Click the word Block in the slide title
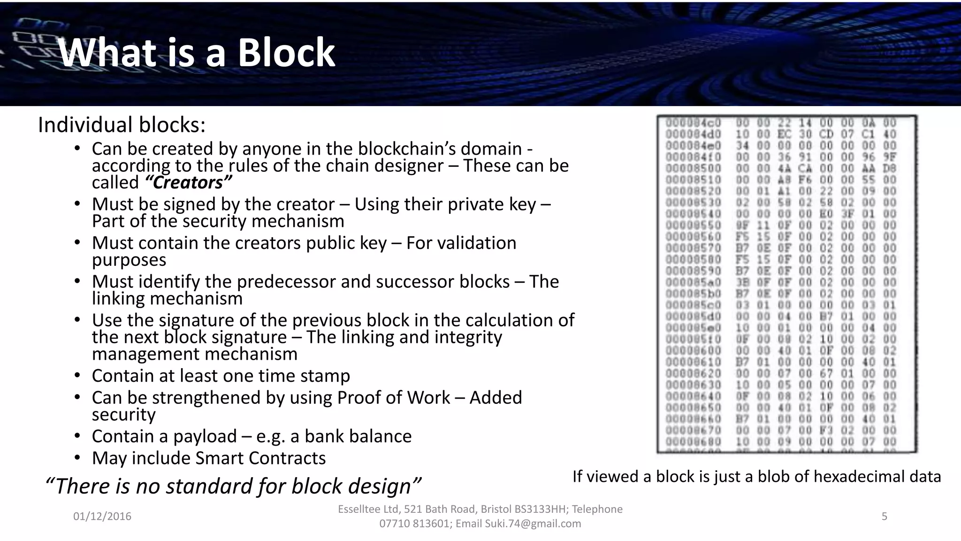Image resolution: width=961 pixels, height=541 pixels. click(286, 53)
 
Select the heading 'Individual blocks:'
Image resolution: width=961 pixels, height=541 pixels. click(122, 125)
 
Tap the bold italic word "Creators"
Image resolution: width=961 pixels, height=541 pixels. click(188, 183)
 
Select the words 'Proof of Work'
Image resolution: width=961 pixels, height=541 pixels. click(394, 398)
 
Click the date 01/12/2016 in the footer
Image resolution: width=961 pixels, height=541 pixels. click(102, 517)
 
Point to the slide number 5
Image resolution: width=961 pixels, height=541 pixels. click(885, 517)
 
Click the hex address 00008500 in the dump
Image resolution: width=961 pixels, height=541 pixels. click(693, 168)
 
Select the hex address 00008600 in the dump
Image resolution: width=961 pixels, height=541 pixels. click(693, 351)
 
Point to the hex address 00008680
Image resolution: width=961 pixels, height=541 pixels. click(693, 442)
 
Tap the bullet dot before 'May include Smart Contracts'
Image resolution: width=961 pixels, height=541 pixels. click(77, 458)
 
